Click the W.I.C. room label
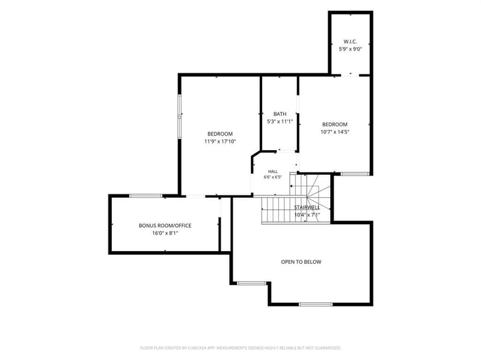point(350,41)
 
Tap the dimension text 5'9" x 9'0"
point(351,49)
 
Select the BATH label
point(280,114)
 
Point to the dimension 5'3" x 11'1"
point(280,121)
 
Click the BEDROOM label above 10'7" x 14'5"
point(335,124)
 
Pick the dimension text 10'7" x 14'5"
point(335,132)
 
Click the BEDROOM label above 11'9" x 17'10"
point(220,134)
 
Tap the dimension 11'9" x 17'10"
point(220,141)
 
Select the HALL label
point(273,172)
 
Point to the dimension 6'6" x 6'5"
point(273,177)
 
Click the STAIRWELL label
point(307,207)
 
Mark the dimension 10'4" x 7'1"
point(307,215)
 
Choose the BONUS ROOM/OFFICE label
point(165,226)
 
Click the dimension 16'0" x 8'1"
point(165,233)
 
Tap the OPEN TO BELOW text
point(301,262)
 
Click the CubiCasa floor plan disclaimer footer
point(240,348)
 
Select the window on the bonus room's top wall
point(146,196)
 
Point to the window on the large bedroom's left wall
point(180,116)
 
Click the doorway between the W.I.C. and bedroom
point(350,75)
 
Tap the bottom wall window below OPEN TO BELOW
point(316,305)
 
